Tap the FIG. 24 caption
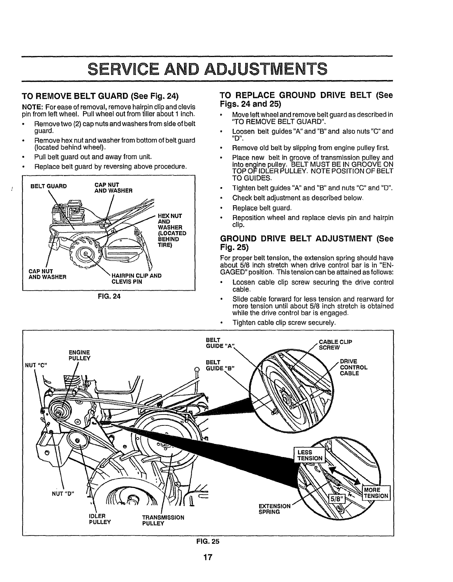point(109,296)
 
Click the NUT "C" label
point(36,364)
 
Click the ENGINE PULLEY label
point(79,355)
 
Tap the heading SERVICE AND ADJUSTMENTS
point(208,69)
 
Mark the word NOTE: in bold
point(32,107)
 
